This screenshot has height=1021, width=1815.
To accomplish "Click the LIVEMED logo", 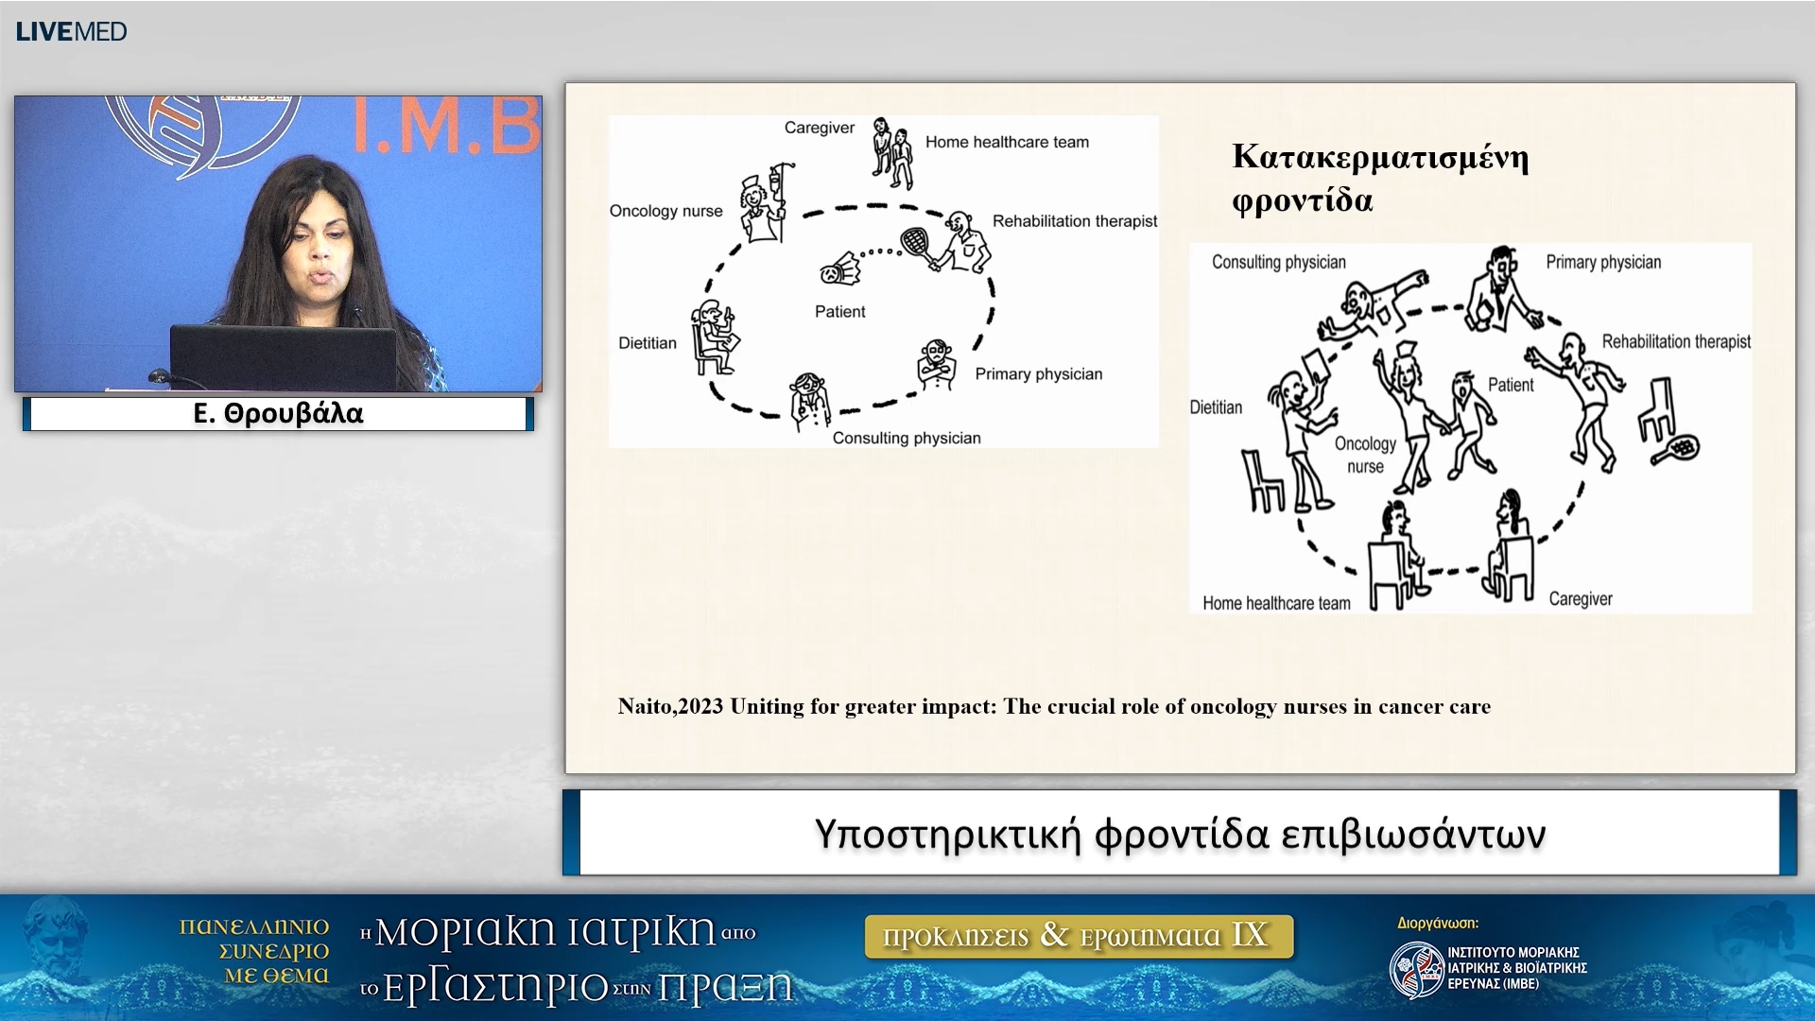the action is [x=71, y=31].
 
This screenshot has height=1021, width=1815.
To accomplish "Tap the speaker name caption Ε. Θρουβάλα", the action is [x=278, y=413].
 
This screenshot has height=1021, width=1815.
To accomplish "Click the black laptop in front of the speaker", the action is [x=284, y=358].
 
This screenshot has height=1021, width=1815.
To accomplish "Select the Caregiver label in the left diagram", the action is [x=819, y=128].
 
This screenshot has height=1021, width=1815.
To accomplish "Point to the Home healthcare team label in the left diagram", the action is [x=1007, y=142].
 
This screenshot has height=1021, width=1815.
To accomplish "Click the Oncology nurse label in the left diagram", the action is [x=665, y=211].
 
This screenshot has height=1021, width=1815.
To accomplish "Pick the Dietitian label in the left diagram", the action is [x=648, y=343].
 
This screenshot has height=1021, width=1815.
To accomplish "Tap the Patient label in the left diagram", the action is [x=839, y=311].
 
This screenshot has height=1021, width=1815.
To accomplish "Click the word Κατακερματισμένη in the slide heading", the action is [x=1380, y=157].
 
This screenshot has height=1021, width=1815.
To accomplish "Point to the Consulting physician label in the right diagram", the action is [x=1278, y=262].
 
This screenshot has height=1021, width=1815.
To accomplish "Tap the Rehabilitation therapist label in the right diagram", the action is [x=1676, y=341].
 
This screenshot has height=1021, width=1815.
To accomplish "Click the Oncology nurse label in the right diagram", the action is [x=1365, y=455].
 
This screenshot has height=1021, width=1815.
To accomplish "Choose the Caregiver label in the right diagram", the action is [x=1581, y=598].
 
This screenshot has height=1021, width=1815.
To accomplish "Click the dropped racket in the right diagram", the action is [x=1676, y=449].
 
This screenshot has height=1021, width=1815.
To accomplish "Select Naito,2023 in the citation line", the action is [x=670, y=706].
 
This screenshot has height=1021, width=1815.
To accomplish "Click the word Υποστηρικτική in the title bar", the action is [x=947, y=835].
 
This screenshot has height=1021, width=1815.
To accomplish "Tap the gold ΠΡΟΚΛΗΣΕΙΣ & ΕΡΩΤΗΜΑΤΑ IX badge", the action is [x=1079, y=936].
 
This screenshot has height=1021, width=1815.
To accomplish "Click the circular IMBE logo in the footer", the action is [x=1416, y=969].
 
